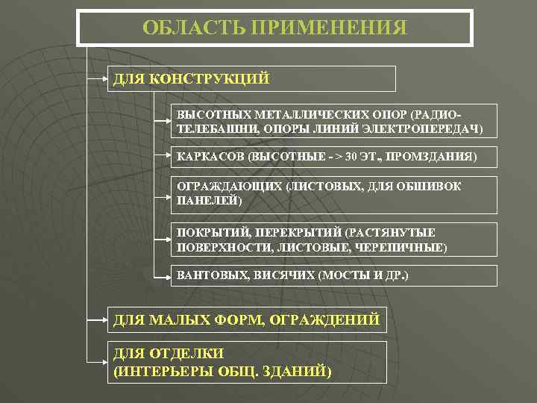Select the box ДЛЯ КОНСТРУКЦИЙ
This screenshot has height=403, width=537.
click(252, 79)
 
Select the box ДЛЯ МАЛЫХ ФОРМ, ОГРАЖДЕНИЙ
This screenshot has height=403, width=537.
click(247, 320)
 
